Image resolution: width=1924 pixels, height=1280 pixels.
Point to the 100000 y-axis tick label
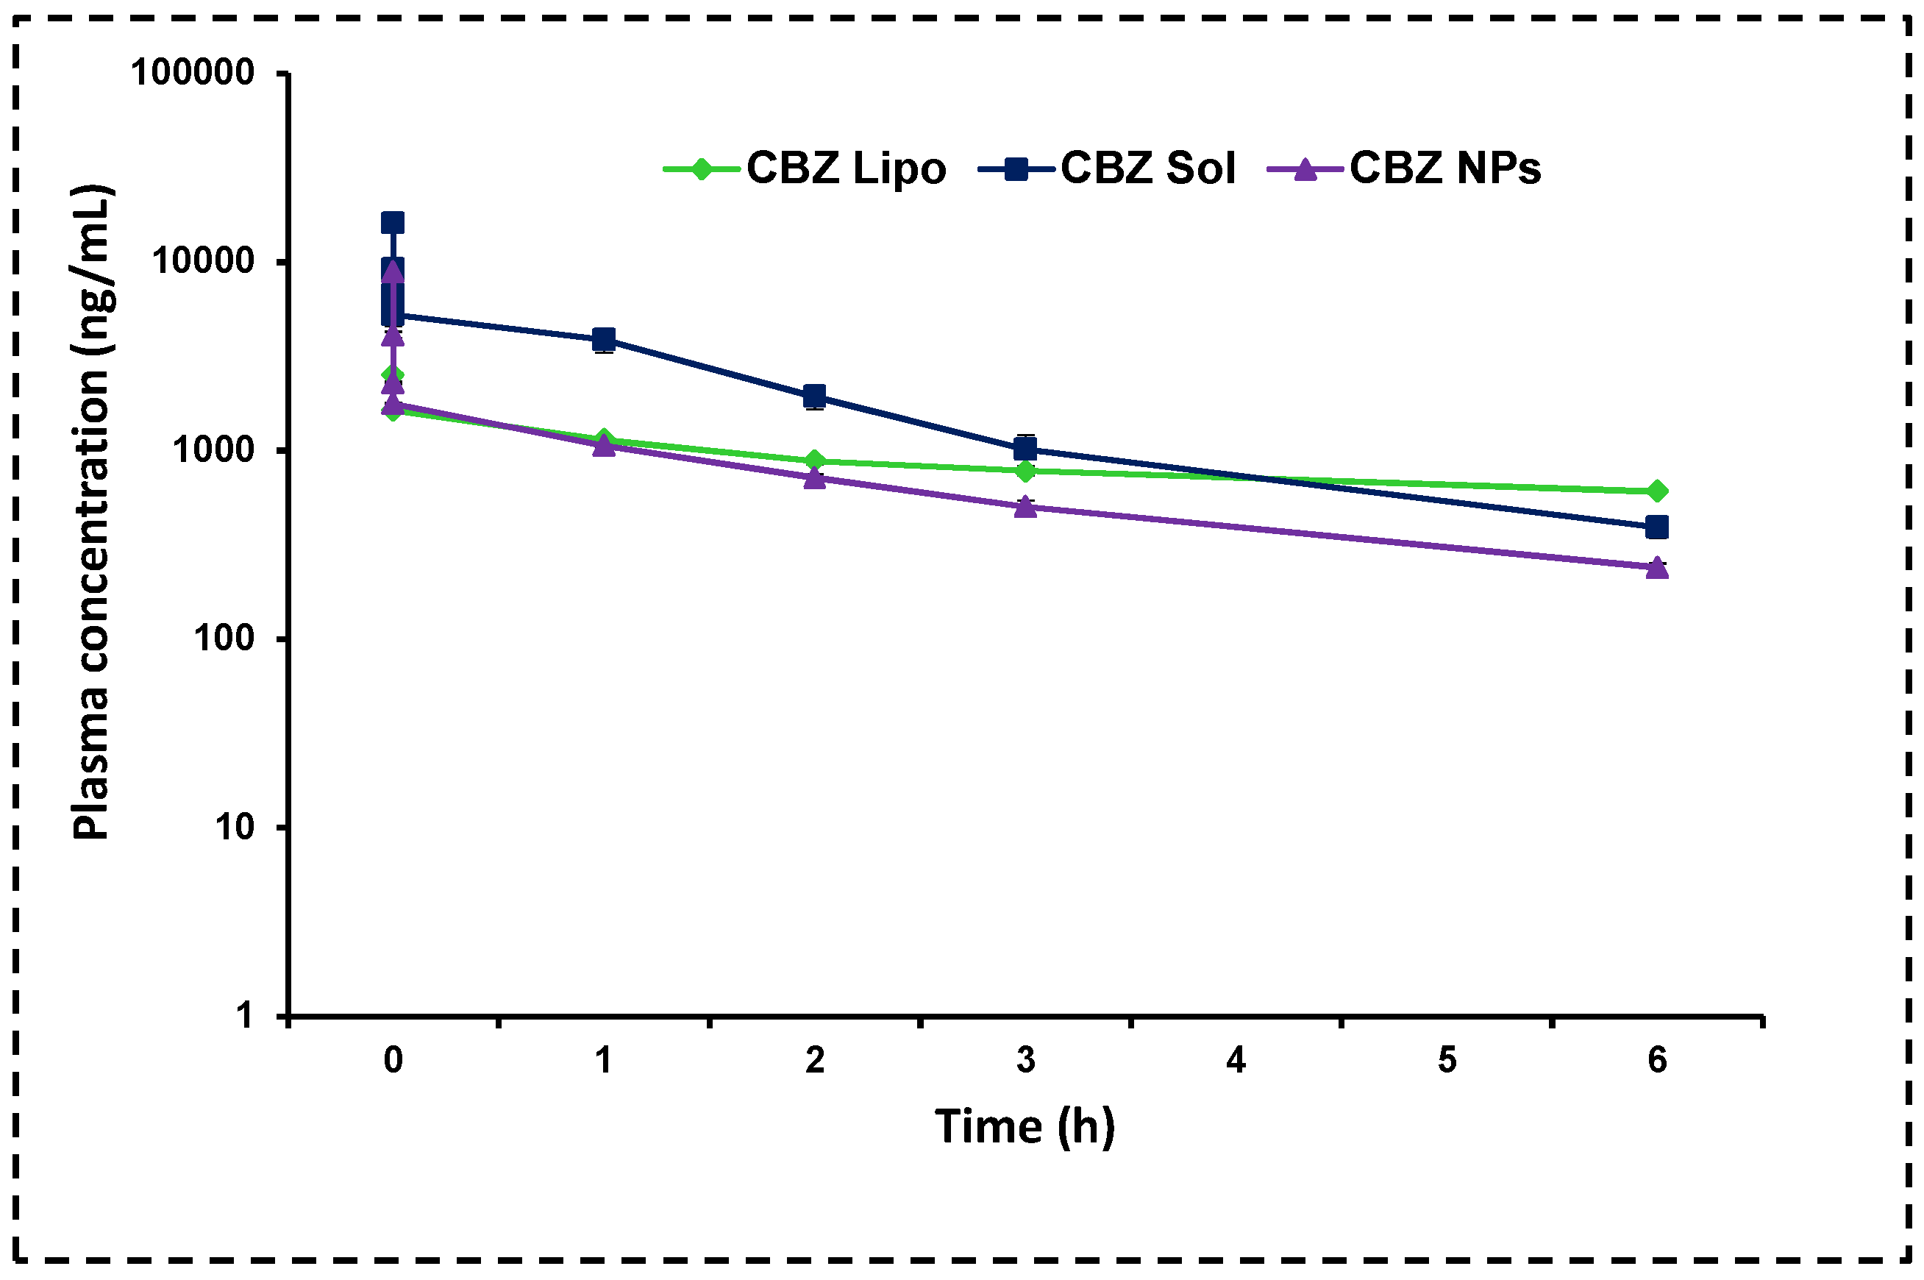193,73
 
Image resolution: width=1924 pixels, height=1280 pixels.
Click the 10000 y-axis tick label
203,261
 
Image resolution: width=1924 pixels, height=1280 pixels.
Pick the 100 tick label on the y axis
224,639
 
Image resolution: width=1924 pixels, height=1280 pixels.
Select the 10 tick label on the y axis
234,827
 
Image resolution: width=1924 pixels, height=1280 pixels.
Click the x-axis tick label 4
1236,1060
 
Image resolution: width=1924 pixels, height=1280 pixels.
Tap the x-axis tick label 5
1447,1060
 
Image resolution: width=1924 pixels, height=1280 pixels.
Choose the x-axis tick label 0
393,1060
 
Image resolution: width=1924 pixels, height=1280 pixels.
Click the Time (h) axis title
1024,1127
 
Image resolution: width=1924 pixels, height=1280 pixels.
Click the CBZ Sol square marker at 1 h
604,340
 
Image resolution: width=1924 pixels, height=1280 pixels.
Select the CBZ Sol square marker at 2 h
814,397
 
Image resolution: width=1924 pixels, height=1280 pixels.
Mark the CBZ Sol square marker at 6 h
1656,527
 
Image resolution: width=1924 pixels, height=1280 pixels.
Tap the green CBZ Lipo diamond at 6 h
1656,491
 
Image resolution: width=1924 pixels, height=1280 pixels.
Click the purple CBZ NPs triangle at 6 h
1656,567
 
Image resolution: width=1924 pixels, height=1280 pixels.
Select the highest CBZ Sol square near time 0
393,223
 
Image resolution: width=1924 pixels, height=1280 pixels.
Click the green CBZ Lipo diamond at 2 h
814,461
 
